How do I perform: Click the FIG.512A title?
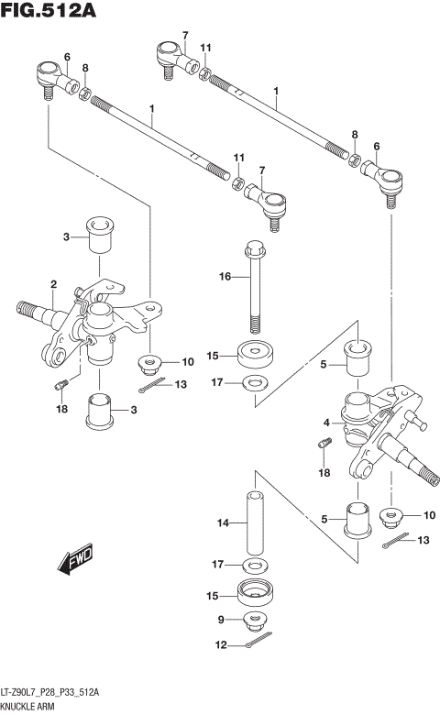pos(49,10)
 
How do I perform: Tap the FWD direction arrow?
pos(75,558)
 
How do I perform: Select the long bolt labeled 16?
pos(255,287)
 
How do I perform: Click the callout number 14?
pos(223,522)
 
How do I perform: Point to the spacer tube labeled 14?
pos(256,522)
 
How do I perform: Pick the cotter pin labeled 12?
pos(258,639)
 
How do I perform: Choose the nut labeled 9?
pos(255,621)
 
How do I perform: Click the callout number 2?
pos(54,284)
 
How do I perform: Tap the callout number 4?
pos(326,423)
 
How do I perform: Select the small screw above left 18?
pos(61,385)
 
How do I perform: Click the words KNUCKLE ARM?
pos(27,707)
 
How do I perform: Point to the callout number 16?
pos(225,276)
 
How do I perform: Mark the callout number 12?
pos(221,644)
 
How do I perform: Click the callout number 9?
pos(221,620)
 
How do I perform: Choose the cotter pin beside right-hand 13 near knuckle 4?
pos(395,540)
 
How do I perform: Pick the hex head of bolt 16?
pos(255,248)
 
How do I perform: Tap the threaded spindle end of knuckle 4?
pos(430,477)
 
